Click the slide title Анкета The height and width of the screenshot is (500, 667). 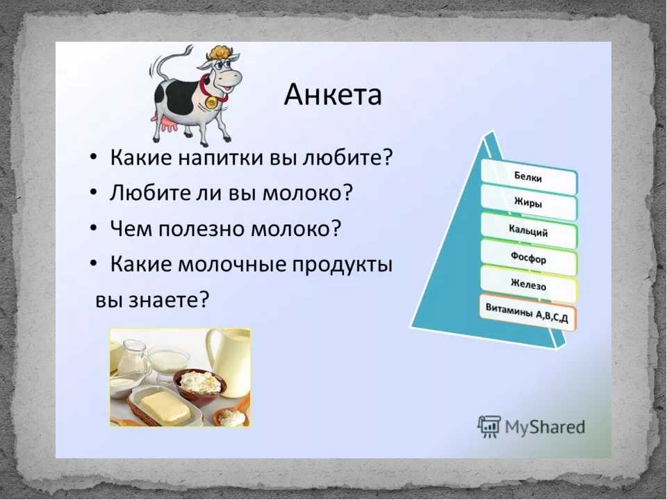click(333, 94)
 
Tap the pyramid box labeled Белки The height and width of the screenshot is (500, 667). click(529, 176)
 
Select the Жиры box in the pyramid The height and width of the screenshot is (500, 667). click(529, 202)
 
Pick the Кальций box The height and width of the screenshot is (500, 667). click(529, 231)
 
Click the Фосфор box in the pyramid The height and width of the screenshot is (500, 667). click(529, 258)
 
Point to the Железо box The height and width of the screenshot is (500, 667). click(529, 285)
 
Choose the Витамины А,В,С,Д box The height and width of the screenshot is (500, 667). click(527, 312)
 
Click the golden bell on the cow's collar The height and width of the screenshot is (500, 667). click(211, 102)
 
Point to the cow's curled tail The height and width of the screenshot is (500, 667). click(168, 62)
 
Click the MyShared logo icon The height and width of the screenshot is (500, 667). click(489, 426)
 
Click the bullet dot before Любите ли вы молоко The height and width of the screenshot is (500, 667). click(94, 192)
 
